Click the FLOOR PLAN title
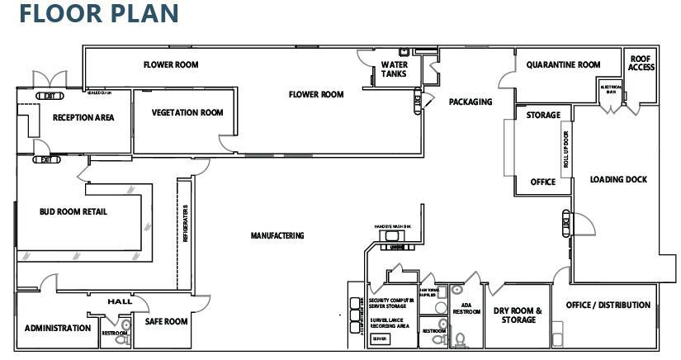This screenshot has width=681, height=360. (99, 14)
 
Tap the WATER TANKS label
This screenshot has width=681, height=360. (394, 69)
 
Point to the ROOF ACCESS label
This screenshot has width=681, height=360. (641, 63)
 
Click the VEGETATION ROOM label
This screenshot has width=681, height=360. (187, 113)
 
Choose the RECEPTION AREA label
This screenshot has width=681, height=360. (83, 117)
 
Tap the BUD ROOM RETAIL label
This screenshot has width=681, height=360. (73, 212)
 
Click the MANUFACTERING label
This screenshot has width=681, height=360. (277, 236)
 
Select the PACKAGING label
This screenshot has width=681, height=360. (471, 102)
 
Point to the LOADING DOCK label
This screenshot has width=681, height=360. (618, 180)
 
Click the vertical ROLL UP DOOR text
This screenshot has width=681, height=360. (566, 149)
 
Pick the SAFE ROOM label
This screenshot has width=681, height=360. (167, 321)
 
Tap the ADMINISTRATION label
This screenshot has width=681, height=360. (58, 328)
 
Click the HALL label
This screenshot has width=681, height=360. (120, 302)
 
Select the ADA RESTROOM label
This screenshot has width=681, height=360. (466, 307)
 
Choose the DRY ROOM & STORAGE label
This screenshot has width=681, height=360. (518, 315)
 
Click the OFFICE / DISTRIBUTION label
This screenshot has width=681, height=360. (608, 306)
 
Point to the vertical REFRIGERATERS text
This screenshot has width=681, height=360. (185, 223)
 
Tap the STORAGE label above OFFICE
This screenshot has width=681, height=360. (543, 116)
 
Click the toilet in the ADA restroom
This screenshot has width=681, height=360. (460, 339)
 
